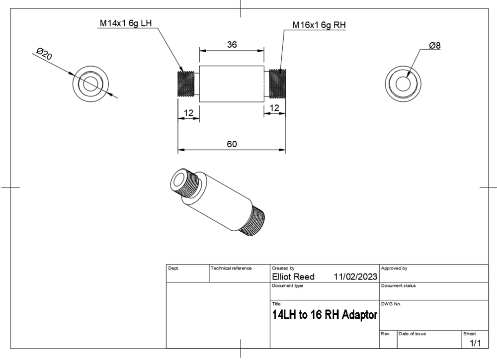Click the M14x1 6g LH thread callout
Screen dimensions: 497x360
(x=126, y=23)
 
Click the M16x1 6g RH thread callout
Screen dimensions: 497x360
(x=319, y=25)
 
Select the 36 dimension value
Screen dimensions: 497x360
(x=232, y=45)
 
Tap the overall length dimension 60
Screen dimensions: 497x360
(x=232, y=144)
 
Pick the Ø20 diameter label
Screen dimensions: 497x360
(x=44, y=54)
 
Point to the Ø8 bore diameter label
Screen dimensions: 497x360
(x=435, y=46)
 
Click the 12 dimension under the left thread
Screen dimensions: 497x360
(x=188, y=113)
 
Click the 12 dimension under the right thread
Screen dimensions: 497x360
(x=274, y=108)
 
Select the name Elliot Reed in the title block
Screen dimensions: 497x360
(x=293, y=277)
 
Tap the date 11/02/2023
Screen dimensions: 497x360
(x=355, y=277)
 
